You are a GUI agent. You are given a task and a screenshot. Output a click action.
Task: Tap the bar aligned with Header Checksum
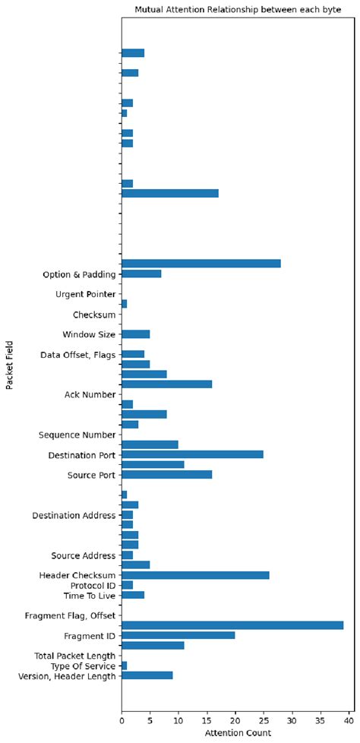pyautogui.click(x=195, y=575)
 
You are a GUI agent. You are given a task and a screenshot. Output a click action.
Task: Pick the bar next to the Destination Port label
pyautogui.click(x=192, y=454)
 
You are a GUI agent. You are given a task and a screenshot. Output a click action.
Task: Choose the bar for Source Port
pyautogui.click(x=166, y=475)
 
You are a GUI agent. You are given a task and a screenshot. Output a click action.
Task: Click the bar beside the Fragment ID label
pyautogui.click(x=178, y=635)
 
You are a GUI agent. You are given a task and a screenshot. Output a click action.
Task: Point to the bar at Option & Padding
pyautogui.click(x=141, y=273)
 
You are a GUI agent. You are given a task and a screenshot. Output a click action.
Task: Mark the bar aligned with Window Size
pyautogui.click(x=135, y=334)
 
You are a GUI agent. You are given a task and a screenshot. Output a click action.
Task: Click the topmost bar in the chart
pyautogui.click(x=133, y=52)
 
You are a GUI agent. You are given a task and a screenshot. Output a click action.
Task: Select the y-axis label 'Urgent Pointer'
pyautogui.click(x=85, y=294)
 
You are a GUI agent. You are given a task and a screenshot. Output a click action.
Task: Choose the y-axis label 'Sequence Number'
pyautogui.click(x=77, y=435)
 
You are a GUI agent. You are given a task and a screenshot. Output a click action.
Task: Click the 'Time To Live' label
pyautogui.click(x=89, y=596)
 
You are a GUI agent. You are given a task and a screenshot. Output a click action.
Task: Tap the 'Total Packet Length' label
pyautogui.click(x=74, y=656)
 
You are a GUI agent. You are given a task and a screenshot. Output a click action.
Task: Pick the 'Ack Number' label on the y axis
pyautogui.click(x=90, y=394)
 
